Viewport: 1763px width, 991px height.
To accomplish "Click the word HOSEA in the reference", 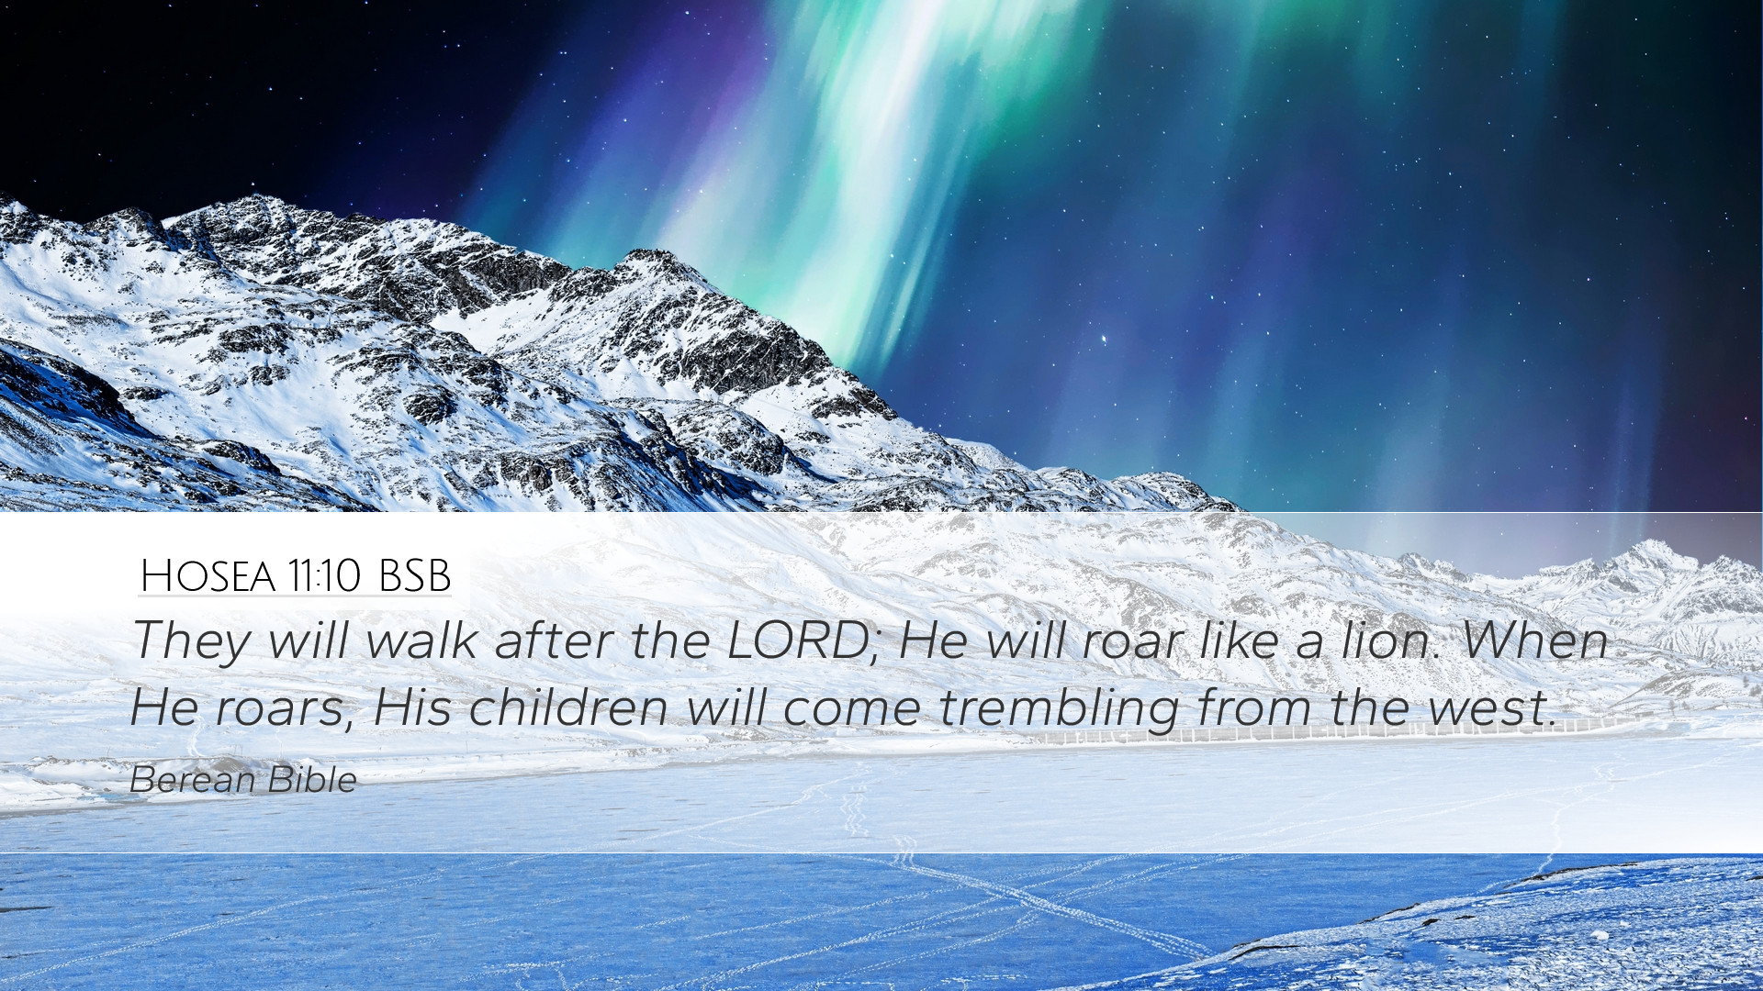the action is (208, 576).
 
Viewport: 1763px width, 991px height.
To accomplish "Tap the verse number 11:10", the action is (324, 576).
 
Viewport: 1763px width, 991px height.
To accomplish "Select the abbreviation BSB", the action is (414, 576).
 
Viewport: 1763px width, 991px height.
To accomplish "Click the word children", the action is (568, 707).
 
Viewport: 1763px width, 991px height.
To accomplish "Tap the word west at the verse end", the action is (1493, 707).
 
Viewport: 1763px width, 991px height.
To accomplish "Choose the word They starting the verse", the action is (190, 641).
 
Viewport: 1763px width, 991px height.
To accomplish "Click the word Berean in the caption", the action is (192, 780).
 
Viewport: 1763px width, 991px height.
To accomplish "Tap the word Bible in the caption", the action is (312, 780).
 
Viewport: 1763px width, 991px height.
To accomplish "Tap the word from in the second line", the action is (1255, 707).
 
